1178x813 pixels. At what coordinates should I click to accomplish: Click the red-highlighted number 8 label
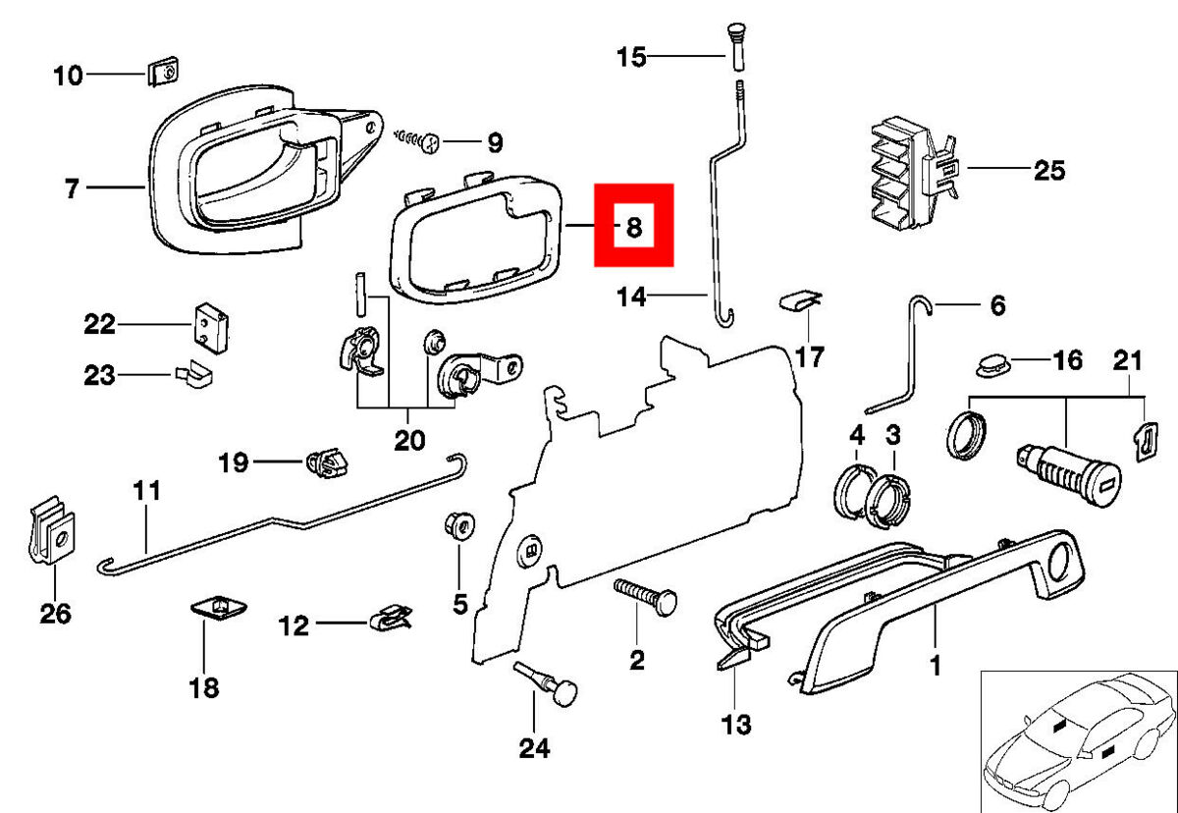pos(633,227)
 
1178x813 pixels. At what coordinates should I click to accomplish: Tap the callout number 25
pos(1048,170)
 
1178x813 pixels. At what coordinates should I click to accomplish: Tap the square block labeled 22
pos(210,325)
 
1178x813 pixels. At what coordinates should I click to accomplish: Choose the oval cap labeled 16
pos(991,365)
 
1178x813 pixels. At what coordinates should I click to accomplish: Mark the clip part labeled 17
pos(798,298)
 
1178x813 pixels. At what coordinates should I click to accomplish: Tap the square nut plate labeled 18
pos(216,609)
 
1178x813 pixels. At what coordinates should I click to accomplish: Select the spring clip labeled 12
pos(391,619)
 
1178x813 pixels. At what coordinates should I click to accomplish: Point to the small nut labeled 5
pos(458,524)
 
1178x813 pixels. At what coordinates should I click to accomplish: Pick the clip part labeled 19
pos(328,461)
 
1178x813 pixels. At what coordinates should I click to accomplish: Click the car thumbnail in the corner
pos(1077,740)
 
